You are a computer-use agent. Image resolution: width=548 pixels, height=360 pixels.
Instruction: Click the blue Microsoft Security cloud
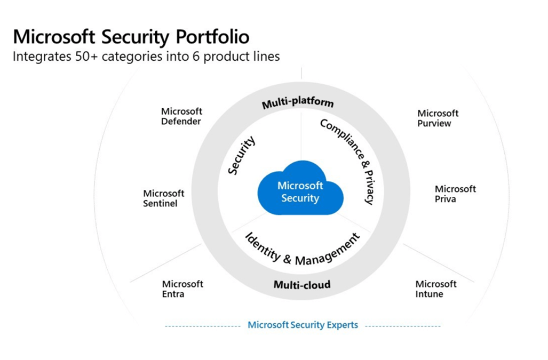[x=300, y=189]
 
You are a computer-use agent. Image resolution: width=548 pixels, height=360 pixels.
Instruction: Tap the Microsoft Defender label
[x=181, y=116]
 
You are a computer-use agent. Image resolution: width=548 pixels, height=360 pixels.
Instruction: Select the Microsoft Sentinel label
[x=163, y=198]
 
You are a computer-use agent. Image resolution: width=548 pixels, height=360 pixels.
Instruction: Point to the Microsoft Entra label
[x=182, y=289]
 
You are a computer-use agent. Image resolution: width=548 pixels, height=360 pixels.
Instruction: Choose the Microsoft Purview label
[x=438, y=118]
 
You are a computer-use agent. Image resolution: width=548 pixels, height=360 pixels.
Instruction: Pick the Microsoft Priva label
[x=455, y=194]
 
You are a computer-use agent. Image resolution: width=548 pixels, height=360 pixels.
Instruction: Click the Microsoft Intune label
[x=436, y=289]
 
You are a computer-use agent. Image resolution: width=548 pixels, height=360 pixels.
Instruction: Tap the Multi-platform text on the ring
[x=298, y=102]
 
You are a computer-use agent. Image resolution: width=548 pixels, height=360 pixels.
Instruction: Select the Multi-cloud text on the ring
[x=302, y=285]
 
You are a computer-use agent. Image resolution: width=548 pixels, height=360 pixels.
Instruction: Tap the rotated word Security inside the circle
[x=241, y=156]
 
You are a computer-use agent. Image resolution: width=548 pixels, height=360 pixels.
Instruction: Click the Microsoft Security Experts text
[x=303, y=325]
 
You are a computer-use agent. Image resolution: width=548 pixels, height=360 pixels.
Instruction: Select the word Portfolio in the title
[x=212, y=37]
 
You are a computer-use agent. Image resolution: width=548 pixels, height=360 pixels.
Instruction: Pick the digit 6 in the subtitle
[x=196, y=57]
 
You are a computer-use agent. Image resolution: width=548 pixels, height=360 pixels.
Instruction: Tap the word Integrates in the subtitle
[x=42, y=57]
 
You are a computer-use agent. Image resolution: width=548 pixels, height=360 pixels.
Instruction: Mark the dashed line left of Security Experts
[x=203, y=326]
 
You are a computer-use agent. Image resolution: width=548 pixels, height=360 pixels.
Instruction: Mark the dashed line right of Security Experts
[x=403, y=326]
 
